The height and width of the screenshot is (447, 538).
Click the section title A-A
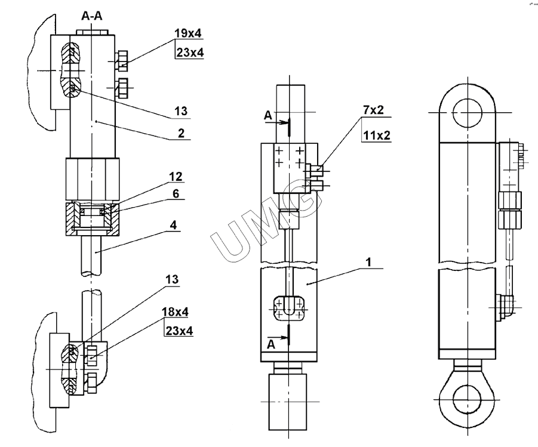click(x=92, y=16)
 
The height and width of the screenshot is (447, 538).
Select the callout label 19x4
click(x=188, y=33)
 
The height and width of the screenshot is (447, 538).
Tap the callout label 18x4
click(x=176, y=312)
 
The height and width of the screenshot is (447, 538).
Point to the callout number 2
click(x=181, y=132)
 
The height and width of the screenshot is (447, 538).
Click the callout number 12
click(x=176, y=177)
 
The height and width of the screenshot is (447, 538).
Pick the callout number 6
click(x=176, y=194)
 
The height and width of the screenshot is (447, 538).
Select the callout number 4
click(x=173, y=225)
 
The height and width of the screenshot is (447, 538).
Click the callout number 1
click(x=368, y=263)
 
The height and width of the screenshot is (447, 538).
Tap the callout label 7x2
click(x=373, y=110)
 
